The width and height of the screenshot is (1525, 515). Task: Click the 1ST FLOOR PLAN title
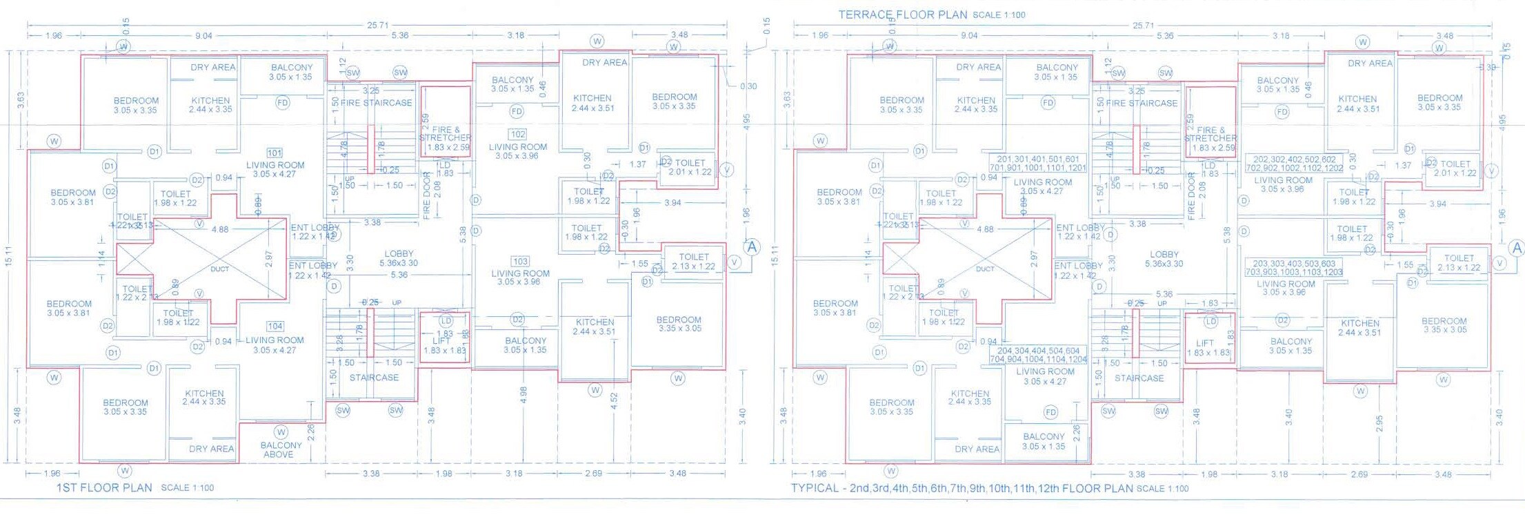click(104, 487)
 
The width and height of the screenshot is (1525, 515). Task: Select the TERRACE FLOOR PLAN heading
click(903, 14)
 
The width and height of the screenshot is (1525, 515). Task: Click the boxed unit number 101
click(275, 153)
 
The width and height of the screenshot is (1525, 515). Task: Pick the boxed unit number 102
click(517, 134)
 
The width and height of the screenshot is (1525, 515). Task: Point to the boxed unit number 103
click(520, 262)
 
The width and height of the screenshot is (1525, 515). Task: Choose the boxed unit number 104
click(275, 327)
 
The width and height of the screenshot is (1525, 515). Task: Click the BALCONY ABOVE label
click(281, 450)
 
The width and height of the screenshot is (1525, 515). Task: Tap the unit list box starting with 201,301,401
click(1038, 164)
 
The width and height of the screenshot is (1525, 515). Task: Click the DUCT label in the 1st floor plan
click(219, 269)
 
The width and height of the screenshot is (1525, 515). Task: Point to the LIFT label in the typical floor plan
click(1204, 343)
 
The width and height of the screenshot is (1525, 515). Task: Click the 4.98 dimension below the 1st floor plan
click(524, 395)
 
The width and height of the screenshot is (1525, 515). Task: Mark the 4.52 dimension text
click(614, 400)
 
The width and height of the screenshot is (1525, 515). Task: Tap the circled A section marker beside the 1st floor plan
click(752, 246)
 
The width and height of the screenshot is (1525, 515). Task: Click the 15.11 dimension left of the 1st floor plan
click(8, 256)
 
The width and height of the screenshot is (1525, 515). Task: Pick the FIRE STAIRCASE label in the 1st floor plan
click(376, 103)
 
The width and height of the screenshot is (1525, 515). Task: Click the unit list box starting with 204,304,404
click(1038, 355)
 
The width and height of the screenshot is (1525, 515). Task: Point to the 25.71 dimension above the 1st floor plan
click(377, 25)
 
